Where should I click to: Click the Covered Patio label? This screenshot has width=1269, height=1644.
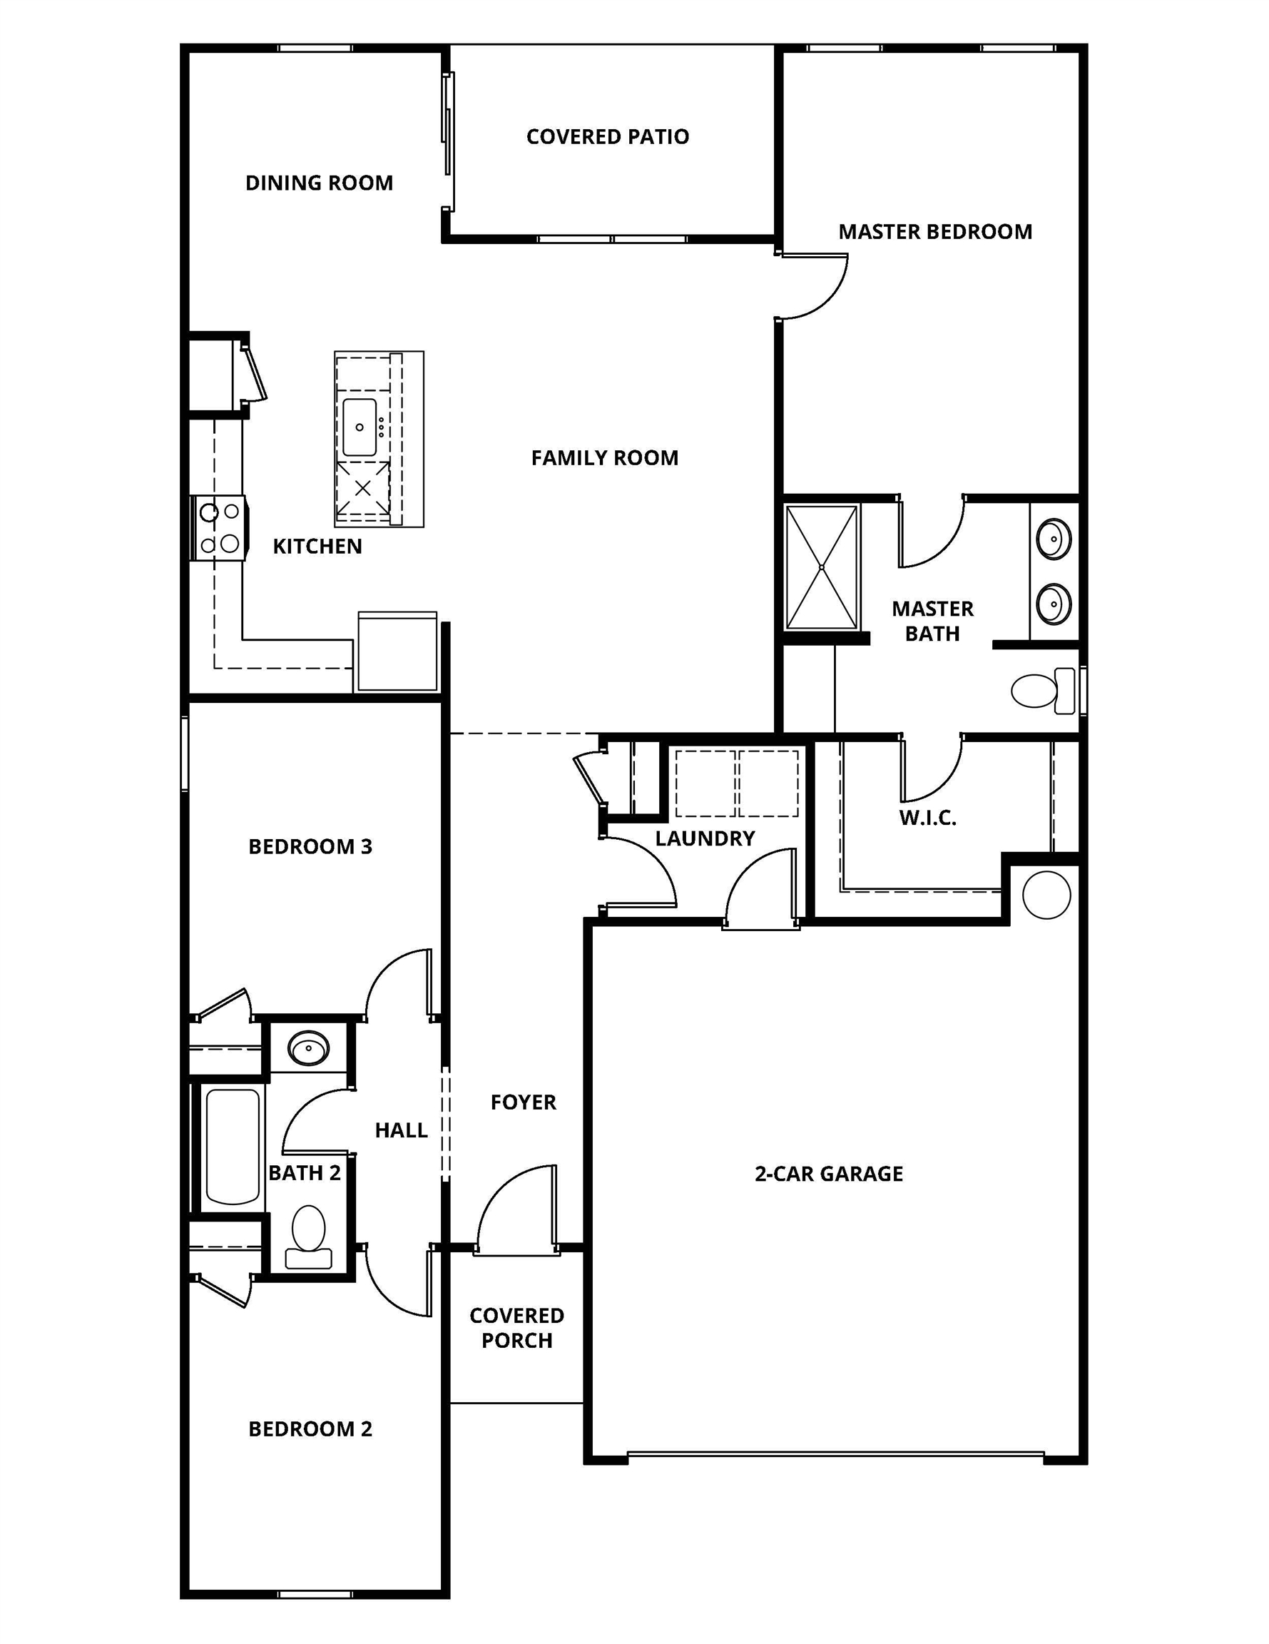click(x=608, y=137)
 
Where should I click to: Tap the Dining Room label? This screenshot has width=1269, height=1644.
click(x=319, y=183)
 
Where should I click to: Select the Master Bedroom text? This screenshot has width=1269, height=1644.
click(x=935, y=232)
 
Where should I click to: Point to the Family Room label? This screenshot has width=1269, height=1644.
click(x=604, y=457)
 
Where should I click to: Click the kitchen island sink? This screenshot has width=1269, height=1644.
click(x=360, y=427)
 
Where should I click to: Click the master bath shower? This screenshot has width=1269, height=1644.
click(x=821, y=567)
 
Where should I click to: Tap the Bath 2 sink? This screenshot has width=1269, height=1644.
click(x=309, y=1047)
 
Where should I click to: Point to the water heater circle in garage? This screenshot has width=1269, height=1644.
click(x=1046, y=895)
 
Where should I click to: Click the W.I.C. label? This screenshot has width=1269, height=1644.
click(x=927, y=818)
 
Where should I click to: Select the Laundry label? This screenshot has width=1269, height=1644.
click(x=705, y=838)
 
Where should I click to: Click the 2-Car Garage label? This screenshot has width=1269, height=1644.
click(x=829, y=1174)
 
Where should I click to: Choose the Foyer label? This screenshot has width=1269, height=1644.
click(x=523, y=1102)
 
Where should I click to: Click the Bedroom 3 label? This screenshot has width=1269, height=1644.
click(x=310, y=847)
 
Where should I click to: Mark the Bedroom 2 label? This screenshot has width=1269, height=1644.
click(x=310, y=1429)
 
